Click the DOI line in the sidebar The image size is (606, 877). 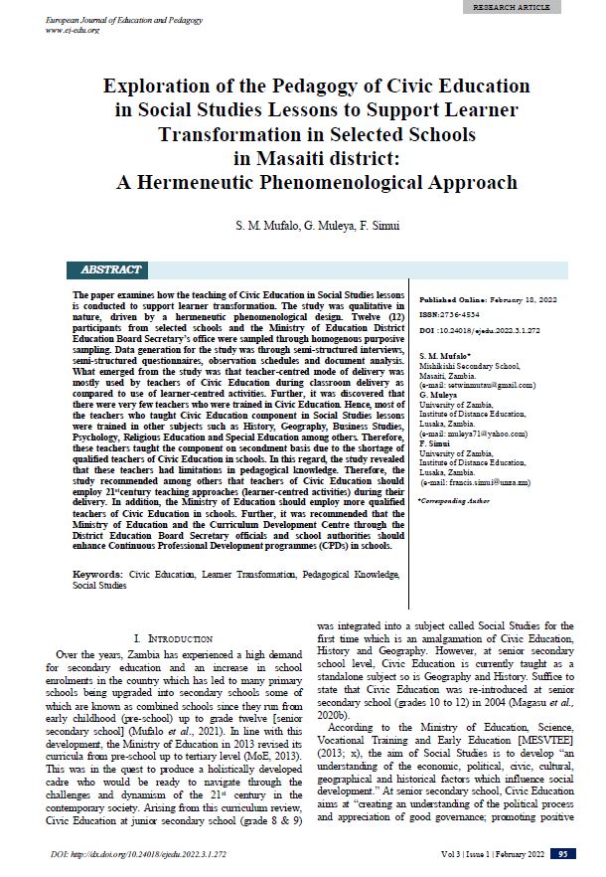pyautogui.click(x=481, y=329)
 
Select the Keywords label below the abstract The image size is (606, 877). pyautogui.click(x=97, y=575)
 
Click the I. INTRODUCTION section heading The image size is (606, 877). pyautogui.click(x=172, y=637)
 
